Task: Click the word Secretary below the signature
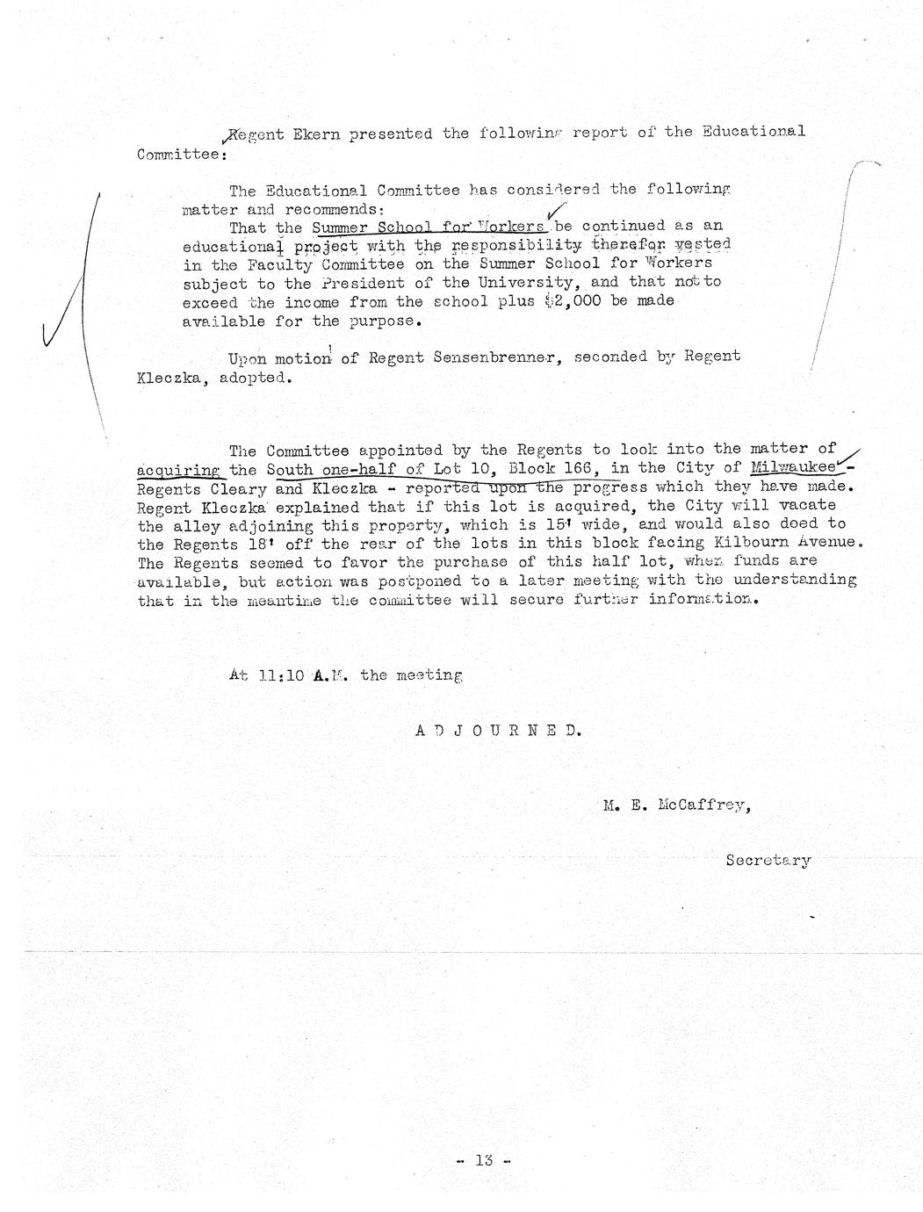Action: [x=768, y=860]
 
